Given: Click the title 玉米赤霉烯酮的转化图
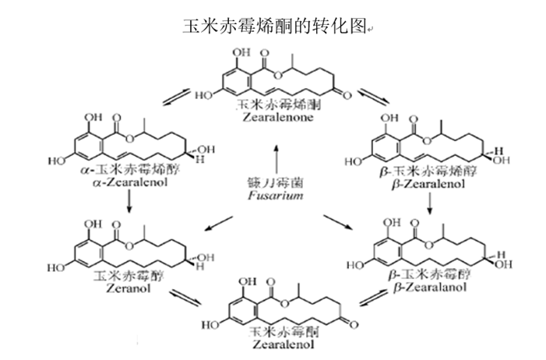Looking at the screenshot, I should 273,26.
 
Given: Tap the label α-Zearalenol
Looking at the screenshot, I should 130,178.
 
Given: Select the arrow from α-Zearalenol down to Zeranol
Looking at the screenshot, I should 129,201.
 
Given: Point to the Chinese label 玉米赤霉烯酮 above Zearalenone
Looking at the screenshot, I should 274,104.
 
